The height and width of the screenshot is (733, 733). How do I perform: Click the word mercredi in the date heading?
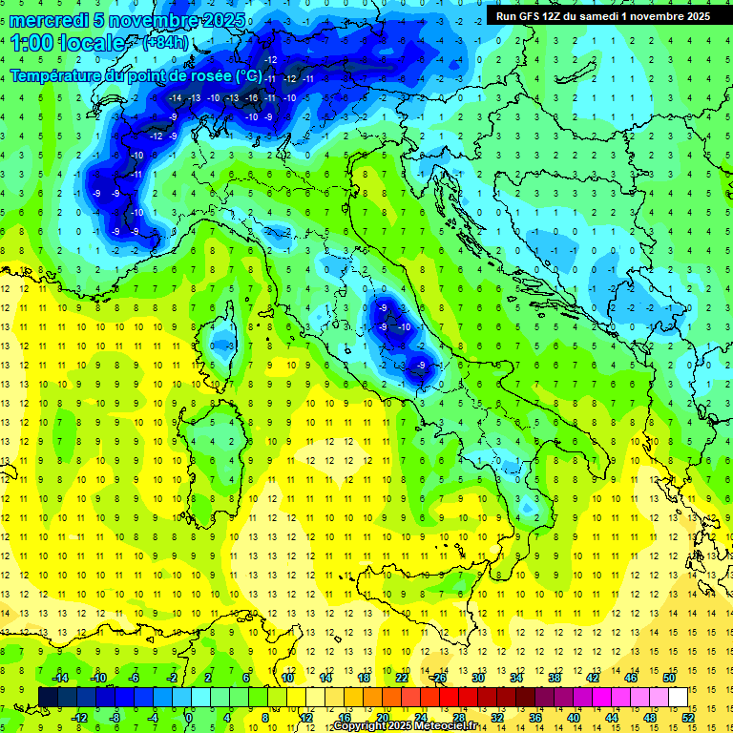pos(50,20)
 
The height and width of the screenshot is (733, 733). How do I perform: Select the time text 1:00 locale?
pos(67,43)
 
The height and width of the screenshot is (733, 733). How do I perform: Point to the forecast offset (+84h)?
pos(164,43)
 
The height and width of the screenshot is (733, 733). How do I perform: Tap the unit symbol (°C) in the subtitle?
pos(248,74)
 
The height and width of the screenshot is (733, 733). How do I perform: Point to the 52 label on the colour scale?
pos(688,718)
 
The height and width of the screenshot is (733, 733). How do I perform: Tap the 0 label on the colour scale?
pos(189,718)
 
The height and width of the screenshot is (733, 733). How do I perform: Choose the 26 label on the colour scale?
pos(439,678)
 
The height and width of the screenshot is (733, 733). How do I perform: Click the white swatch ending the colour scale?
pos(678,697)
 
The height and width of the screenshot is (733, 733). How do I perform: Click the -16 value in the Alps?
pos(251,97)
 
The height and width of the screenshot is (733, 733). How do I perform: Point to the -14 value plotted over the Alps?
pos(175,97)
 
